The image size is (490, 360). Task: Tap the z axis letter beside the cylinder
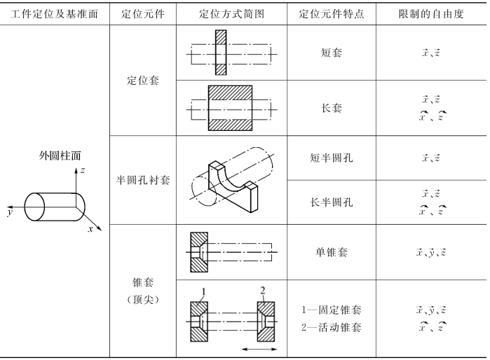[83, 170]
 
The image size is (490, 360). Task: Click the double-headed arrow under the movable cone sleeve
[259, 348]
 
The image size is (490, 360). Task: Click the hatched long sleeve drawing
[231, 109]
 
